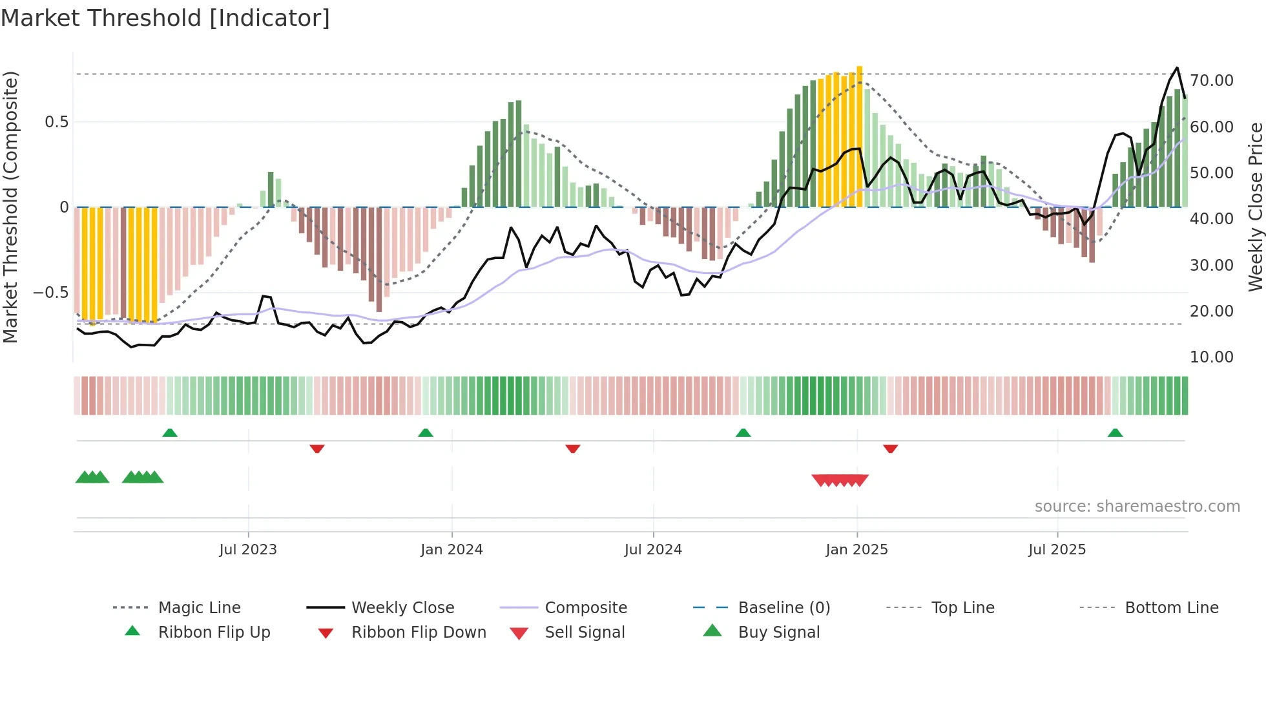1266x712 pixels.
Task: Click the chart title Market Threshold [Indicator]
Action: (165, 18)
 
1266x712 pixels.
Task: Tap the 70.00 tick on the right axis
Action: (1211, 81)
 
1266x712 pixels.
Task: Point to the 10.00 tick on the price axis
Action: (1211, 357)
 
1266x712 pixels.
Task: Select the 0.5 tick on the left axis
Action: (56, 122)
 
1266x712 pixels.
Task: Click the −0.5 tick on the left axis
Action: (50, 293)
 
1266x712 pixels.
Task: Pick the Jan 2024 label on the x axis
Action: (451, 550)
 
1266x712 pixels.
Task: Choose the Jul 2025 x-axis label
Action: (1057, 550)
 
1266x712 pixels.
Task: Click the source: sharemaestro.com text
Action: (1137, 507)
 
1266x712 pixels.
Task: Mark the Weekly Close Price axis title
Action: (1255, 207)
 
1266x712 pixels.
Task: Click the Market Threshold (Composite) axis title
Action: (10, 207)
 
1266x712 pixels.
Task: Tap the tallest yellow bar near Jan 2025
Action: (859, 136)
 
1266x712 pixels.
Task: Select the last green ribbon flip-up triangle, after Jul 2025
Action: (1115, 433)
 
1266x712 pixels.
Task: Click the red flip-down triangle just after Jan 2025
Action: (890, 448)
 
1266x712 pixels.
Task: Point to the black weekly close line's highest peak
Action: (1177, 68)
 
